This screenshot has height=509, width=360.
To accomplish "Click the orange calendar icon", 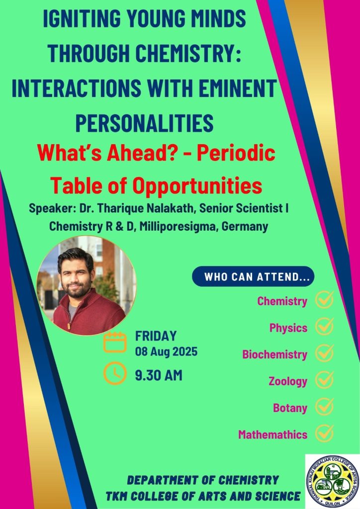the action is [x=115, y=342].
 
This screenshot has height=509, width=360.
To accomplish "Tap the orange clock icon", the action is [x=115, y=373].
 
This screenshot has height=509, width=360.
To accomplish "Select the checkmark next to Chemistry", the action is [x=324, y=300].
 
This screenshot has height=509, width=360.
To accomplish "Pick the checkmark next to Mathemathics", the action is [x=324, y=433].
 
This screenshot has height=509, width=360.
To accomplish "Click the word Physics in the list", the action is [x=288, y=328].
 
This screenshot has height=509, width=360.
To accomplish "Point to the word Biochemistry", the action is [x=274, y=354].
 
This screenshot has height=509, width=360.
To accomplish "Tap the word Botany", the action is [x=290, y=408].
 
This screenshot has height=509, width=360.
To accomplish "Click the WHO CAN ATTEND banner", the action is [x=253, y=276].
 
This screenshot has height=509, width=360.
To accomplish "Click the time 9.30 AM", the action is [x=159, y=375].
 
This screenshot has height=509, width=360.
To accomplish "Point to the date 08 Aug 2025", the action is [x=166, y=351].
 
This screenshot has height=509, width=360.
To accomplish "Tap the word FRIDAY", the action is [x=156, y=336].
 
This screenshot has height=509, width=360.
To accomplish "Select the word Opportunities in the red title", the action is [x=198, y=186].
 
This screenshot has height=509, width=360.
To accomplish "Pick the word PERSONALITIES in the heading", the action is [x=145, y=123].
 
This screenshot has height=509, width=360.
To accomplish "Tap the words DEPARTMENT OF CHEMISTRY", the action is [x=203, y=480].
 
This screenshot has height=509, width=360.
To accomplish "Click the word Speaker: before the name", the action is [x=52, y=208].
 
